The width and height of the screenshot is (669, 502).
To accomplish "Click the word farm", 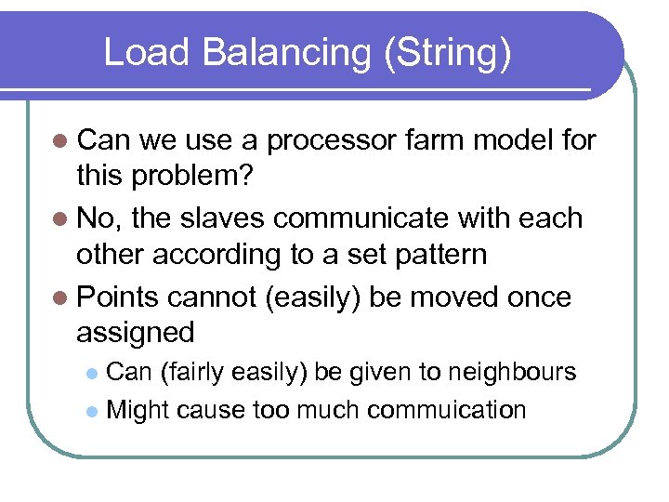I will tap(438, 140).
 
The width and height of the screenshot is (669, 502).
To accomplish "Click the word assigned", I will tap(136, 333).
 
